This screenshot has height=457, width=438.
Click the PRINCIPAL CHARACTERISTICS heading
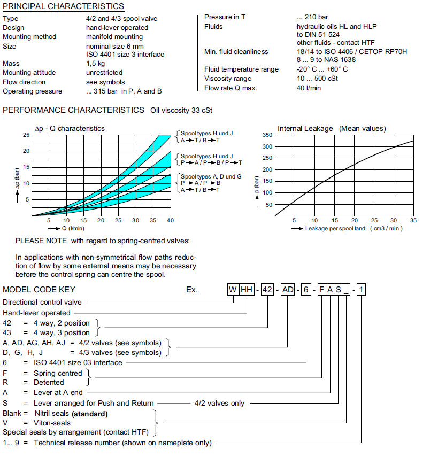coord(63,6)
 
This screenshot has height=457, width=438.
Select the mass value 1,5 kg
coord(96,63)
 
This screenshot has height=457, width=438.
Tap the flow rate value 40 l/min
coord(309,88)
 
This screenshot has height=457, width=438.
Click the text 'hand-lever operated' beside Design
coord(117,27)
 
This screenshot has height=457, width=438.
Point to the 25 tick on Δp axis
coord(26,135)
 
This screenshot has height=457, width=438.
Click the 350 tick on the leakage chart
coord(267,135)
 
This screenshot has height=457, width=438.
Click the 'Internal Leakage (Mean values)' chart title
coord(331,128)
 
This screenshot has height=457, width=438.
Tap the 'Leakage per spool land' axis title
coord(354,229)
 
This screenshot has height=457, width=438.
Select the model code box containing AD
coord(288,290)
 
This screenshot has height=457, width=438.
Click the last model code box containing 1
coord(362,290)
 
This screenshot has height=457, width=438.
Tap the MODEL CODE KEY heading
coord(39,290)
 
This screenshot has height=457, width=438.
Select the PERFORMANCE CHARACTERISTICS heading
coord(73,110)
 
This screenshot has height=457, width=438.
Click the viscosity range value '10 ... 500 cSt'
coord(318,79)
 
